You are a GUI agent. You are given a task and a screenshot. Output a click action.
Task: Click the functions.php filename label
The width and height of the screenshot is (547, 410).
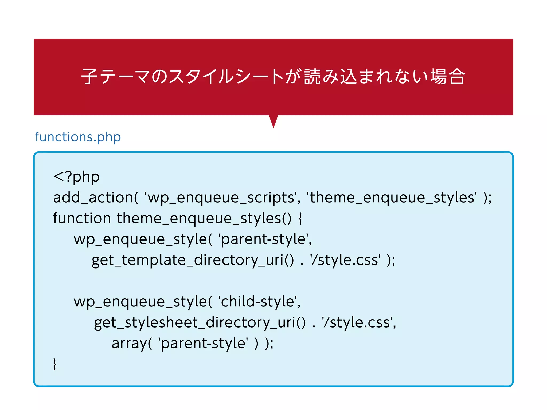(78, 137)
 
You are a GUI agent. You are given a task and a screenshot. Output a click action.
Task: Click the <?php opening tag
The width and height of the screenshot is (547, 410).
(76, 177)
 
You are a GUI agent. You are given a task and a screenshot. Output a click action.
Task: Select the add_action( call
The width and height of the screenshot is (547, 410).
(96, 198)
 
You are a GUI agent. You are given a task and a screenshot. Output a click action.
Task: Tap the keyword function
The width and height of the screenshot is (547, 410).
(82, 218)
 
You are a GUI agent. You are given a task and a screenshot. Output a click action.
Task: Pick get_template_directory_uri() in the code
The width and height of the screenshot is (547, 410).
(193, 260)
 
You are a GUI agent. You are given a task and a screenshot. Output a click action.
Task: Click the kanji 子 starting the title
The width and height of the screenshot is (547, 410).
(89, 77)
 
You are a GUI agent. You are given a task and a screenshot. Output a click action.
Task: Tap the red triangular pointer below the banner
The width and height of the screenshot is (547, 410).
(273, 121)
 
